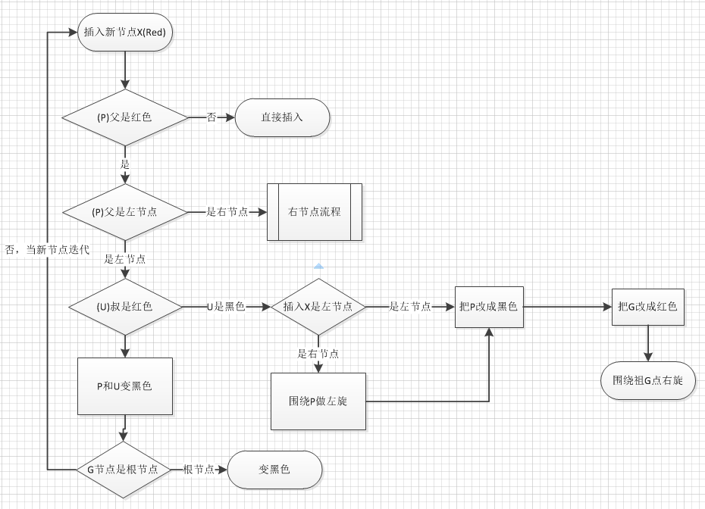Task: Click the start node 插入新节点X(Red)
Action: tap(125, 33)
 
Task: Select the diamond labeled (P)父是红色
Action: tap(125, 117)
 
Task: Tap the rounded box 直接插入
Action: tap(282, 117)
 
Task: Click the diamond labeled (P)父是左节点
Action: tap(125, 212)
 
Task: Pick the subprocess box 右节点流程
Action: tap(314, 212)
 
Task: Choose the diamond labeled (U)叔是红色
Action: tap(125, 307)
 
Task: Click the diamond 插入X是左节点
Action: tap(318, 307)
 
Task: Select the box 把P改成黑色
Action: tap(489, 307)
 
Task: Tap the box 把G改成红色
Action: tap(647, 307)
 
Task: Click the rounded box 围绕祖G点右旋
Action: tap(647, 380)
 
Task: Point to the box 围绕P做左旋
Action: tap(318, 401)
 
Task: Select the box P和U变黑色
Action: tap(125, 386)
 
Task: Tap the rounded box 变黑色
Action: tap(274, 470)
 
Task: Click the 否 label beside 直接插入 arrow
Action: tap(211, 117)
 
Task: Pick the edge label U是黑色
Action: tap(226, 307)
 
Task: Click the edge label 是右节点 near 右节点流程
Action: tap(227, 212)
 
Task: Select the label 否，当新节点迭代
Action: tap(47, 249)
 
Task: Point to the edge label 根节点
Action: tap(199, 470)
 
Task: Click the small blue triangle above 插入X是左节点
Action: tap(318, 267)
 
